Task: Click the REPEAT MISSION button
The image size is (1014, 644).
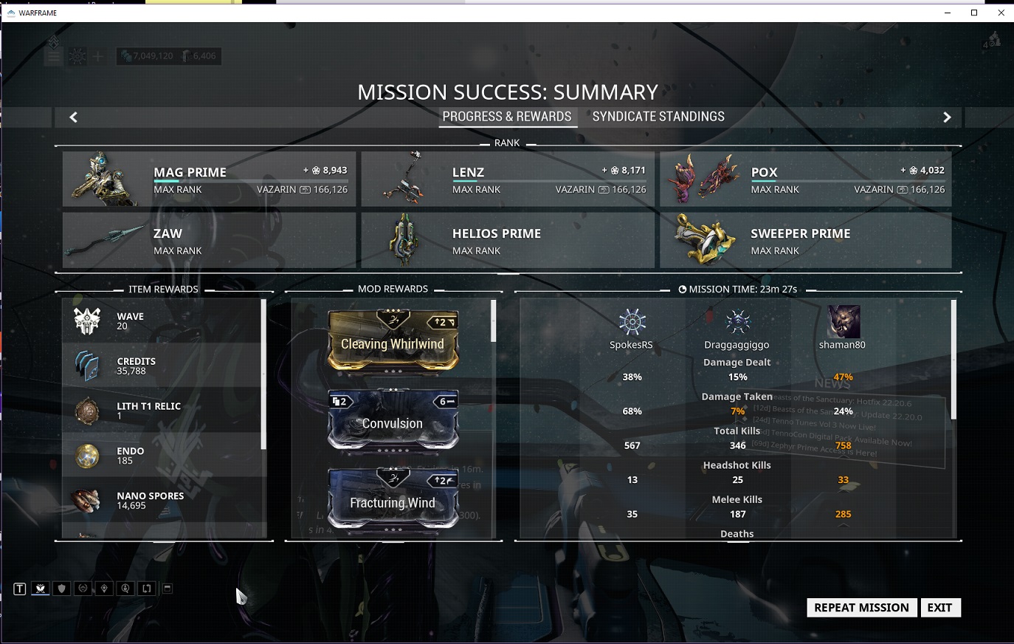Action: [x=861, y=608]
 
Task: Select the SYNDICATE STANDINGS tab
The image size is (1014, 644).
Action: [x=658, y=117]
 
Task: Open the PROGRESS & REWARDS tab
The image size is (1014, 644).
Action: [x=507, y=117]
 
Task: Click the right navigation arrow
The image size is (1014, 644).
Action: [x=948, y=117]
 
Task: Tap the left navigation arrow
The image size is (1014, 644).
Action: [x=73, y=117]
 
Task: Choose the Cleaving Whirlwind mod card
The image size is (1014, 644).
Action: [x=393, y=341]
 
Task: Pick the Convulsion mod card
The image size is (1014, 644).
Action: [x=393, y=420]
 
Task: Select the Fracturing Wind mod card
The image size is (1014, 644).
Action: [x=393, y=499]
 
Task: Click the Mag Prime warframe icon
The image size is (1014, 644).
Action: [x=104, y=179]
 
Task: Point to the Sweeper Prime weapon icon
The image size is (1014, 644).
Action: [x=703, y=240]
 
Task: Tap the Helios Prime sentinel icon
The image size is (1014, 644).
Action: [x=404, y=240]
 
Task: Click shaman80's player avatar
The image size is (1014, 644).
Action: [x=842, y=322]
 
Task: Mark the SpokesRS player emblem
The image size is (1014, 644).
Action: [x=632, y=322]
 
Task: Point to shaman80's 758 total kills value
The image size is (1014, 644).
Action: [x=843, y=445]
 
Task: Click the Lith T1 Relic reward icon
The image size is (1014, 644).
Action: [x=87, y=411]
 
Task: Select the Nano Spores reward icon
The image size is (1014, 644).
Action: [x=87, y=501]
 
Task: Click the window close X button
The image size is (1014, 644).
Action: [x=1001, y=13]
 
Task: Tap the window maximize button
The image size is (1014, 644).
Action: [x=974, y=13]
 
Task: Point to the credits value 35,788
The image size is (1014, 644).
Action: [x=131, y=371]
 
